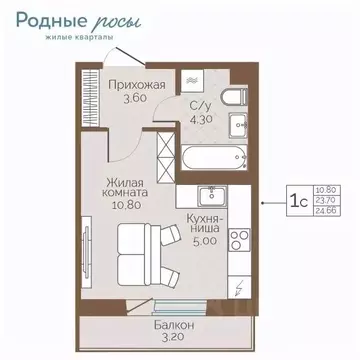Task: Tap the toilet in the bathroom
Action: pyautogui.click(x=235, y=97)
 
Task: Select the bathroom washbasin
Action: pyautogui.click(x=239, y=127)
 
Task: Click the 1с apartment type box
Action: pyautogui.click(x=298, y=200)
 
